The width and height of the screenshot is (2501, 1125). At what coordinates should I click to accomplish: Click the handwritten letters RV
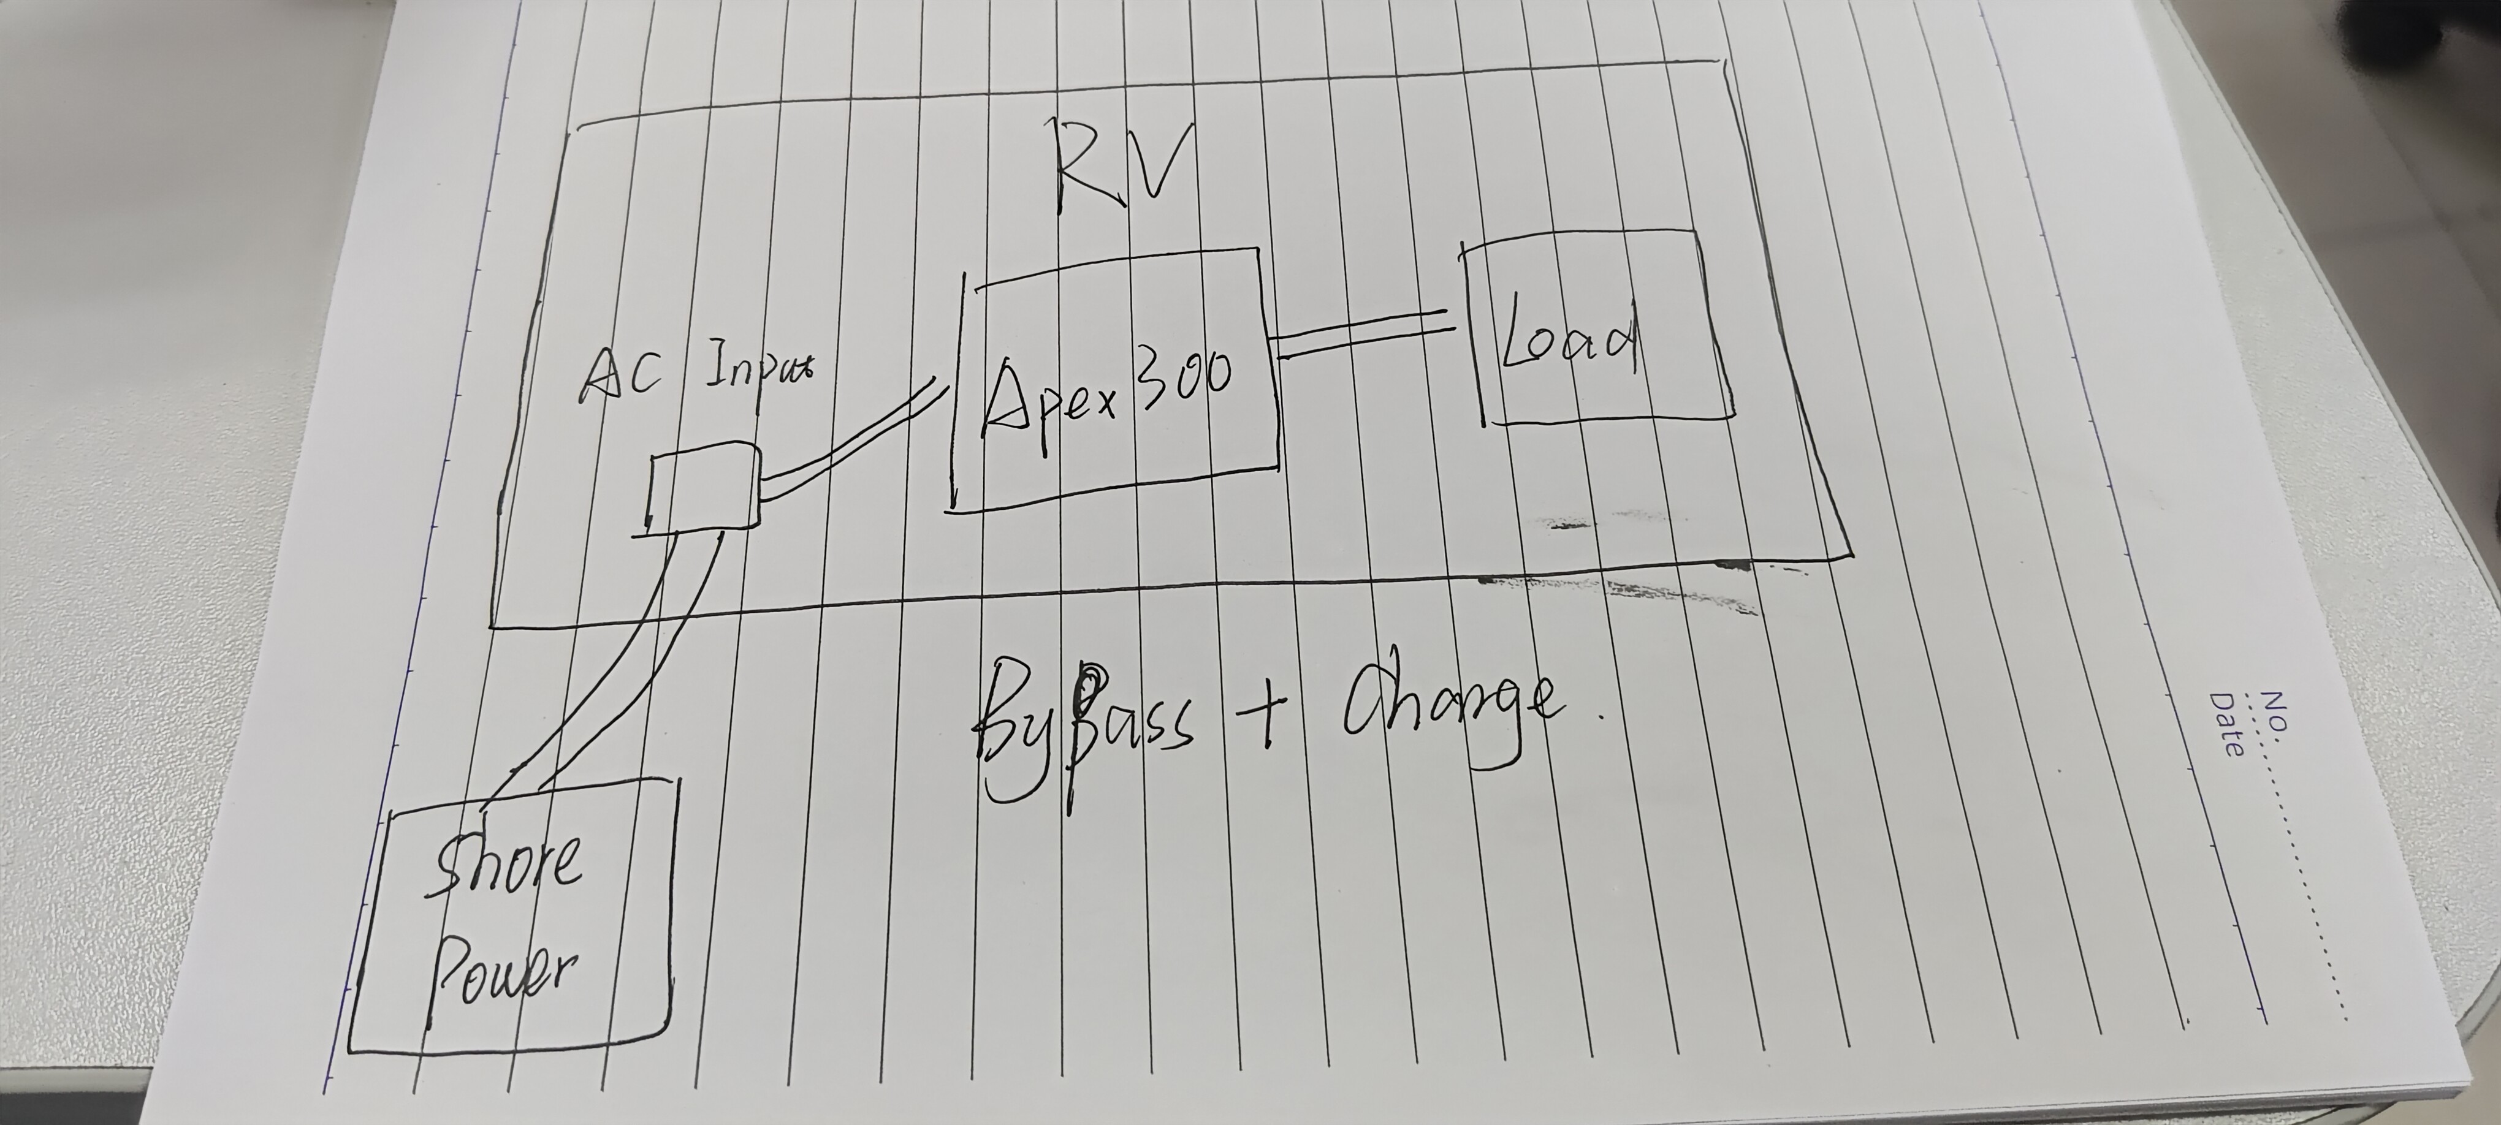click(x=1121, y=167)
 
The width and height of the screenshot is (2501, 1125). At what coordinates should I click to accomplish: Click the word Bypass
click(x=1078, y=733)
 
